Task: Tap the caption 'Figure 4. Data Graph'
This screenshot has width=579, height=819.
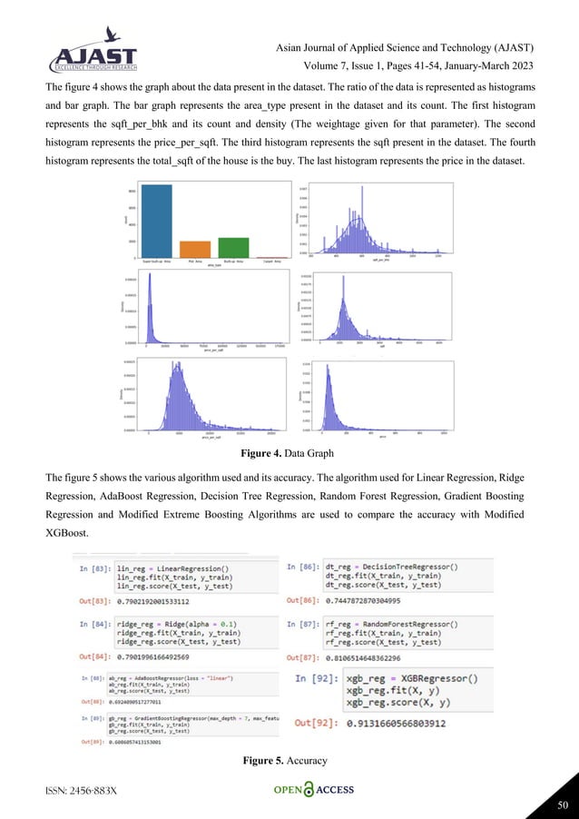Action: coord(289,452)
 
